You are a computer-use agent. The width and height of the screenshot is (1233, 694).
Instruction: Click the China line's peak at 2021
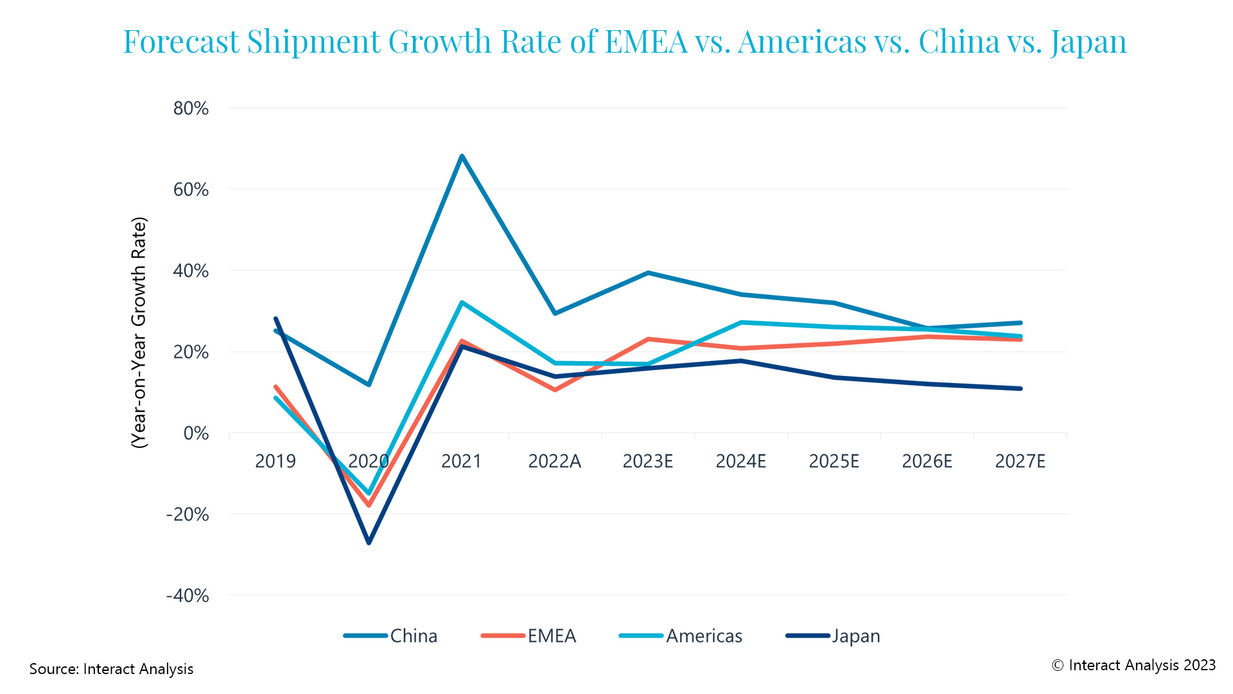(x=462, y=156)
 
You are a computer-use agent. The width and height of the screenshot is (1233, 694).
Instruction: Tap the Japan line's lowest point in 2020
(x=369, y=542)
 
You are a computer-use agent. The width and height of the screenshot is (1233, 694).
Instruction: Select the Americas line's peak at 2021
(x=462, y=303)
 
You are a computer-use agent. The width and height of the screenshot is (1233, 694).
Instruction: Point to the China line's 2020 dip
(x=369, y=384)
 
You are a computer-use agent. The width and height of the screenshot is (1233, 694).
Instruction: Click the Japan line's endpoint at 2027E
(x=1020, y=388)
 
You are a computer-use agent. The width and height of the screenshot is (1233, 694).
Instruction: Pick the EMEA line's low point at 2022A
(x=555, y=389)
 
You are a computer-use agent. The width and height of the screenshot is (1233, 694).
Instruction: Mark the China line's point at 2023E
(x=648, y=273)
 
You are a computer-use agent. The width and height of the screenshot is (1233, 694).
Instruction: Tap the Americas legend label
(x=704, y=636)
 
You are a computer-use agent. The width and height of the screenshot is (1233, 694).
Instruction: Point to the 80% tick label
(x=191, y=108)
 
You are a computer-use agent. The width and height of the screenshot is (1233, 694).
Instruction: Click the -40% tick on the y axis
(x=188, y=595)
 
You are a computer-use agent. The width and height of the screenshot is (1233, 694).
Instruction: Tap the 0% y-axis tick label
(x=196, y=433)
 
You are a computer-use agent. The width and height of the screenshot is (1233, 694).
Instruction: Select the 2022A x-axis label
(x=554, y=461)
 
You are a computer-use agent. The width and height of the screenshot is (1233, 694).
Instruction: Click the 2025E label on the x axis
(x=834, y=461)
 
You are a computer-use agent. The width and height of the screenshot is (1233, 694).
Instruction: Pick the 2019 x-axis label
(x=275, y=461)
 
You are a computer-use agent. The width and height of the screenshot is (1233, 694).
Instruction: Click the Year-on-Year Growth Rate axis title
(x=139, y=333)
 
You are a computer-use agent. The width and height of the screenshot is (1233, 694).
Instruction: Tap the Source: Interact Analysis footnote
(x=111, y=668)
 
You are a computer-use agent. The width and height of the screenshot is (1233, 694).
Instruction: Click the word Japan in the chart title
(x=1089, y=41)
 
